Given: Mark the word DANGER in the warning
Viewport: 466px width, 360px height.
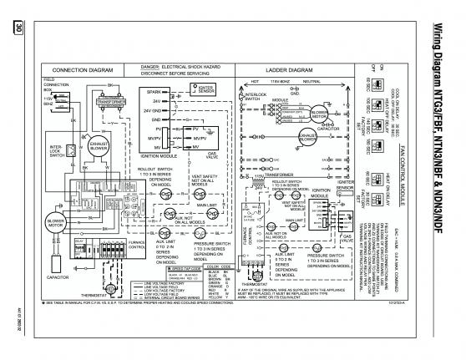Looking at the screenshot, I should tap(151, 64).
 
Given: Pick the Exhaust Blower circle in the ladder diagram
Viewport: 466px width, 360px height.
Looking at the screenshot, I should tap(303, 139).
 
